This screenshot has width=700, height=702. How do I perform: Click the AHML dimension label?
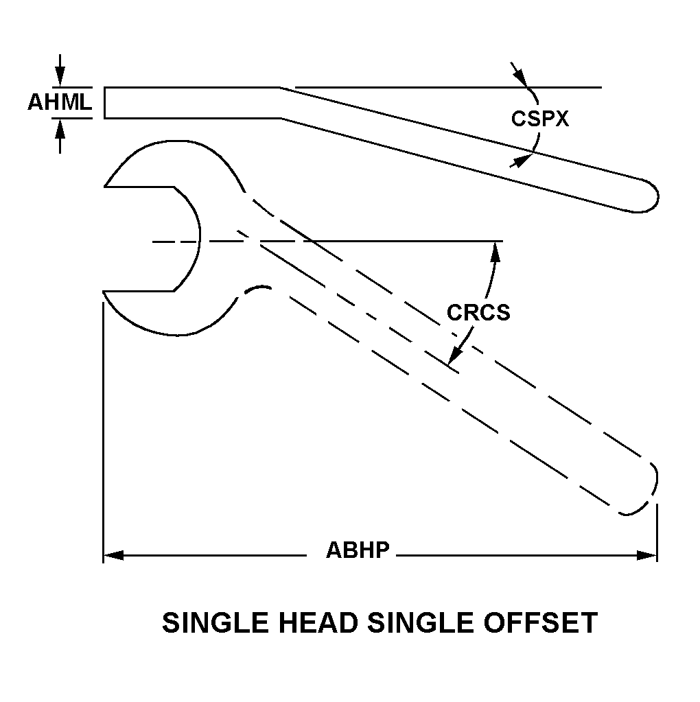click(60, 102)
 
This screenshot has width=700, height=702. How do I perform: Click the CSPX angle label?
click(539, 119)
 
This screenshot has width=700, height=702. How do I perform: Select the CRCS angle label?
click(478, 312)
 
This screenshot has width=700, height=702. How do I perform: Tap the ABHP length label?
click(358, 550)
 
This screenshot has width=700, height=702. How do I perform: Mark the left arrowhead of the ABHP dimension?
click(114, 556)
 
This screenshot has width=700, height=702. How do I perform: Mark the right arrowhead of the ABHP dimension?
click(646, 556)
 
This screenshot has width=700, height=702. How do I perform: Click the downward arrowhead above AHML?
click(60, 76)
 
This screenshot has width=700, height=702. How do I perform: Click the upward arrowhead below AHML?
click(60, 129)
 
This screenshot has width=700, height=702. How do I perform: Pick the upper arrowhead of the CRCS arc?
click(495, 252)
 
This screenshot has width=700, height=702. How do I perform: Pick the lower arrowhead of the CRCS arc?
click(454, 356)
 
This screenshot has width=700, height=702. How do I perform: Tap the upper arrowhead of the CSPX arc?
click(521, 78)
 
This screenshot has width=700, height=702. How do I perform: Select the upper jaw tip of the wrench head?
click(105, 185)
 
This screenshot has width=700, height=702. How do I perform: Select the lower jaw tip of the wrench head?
click(104, 292)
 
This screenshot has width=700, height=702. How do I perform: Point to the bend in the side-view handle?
click(281, 103)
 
